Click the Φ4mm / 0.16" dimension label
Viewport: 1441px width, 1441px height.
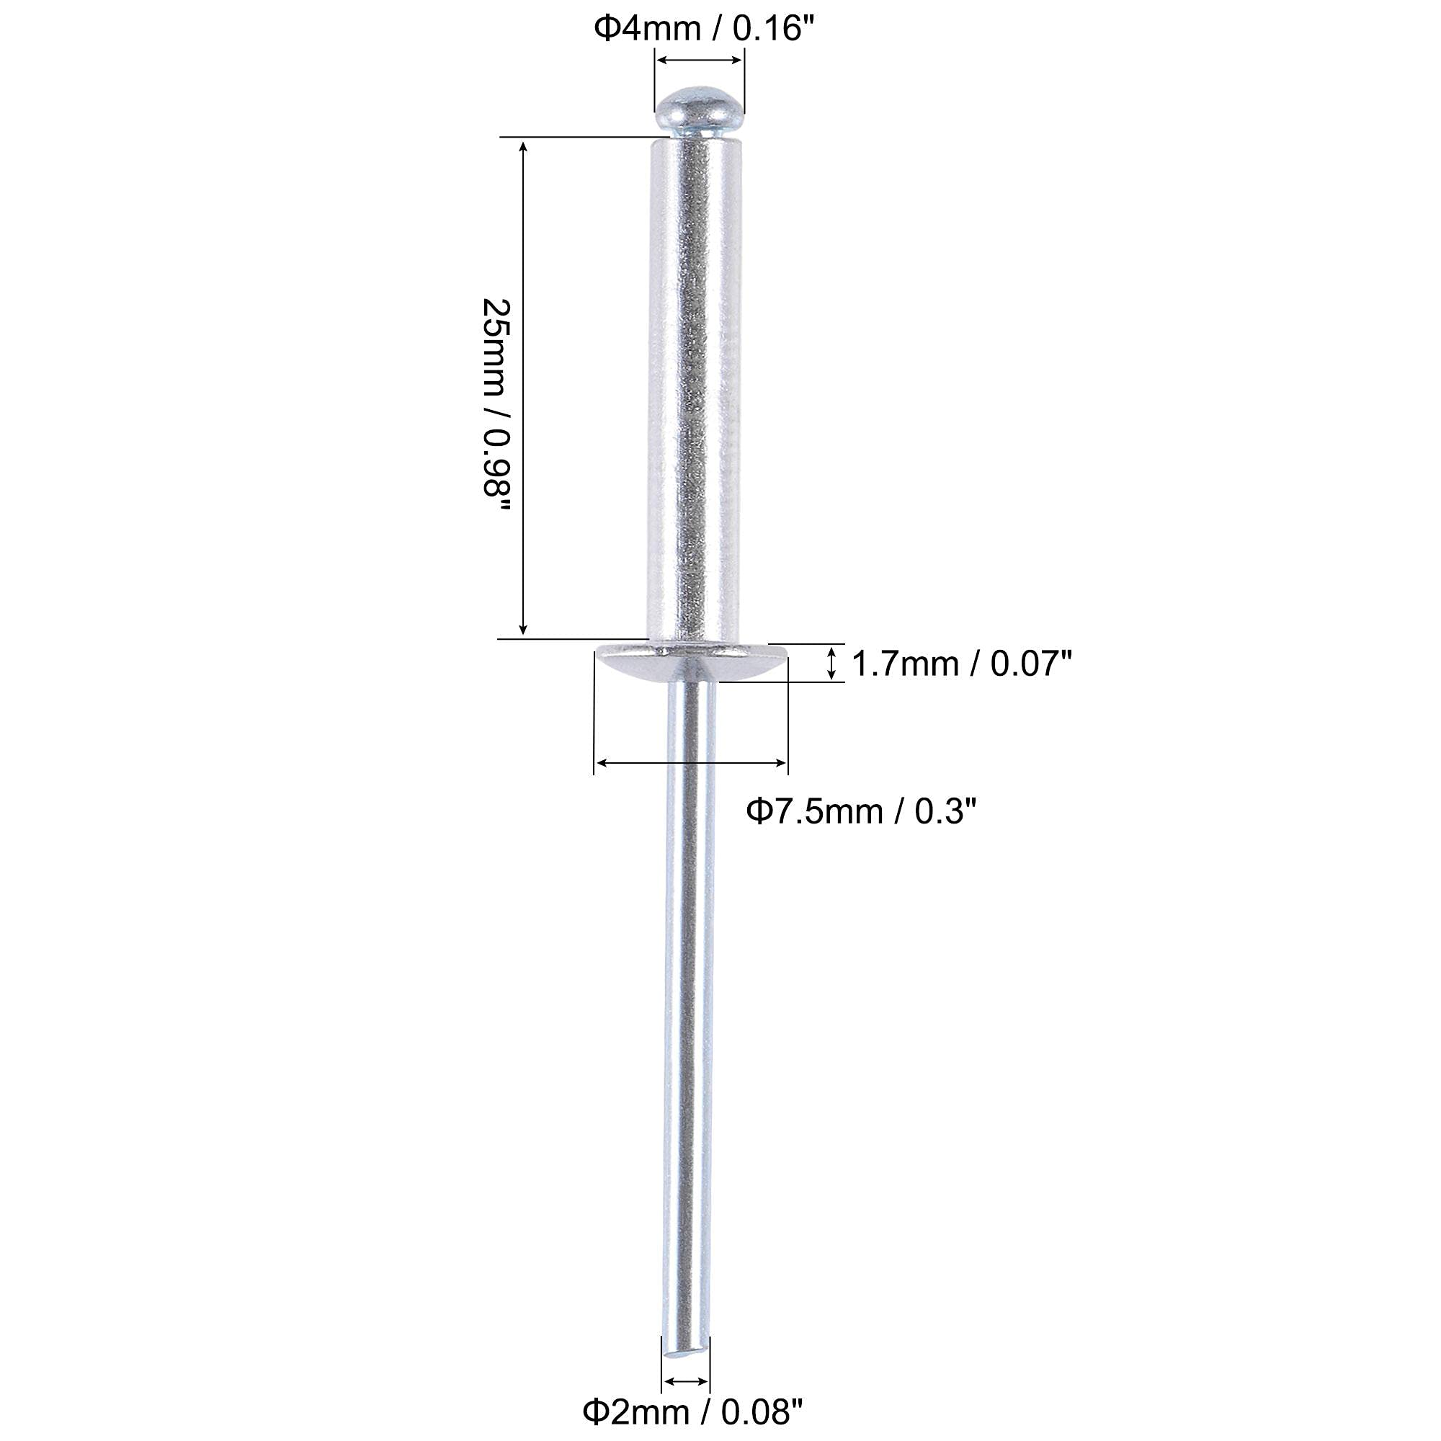(x=702, y=29)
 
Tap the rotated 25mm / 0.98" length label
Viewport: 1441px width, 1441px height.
(x=496, y=406)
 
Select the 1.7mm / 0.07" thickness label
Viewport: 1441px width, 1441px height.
(x=961, y=663)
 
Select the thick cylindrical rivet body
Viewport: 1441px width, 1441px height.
(x=696, y=388)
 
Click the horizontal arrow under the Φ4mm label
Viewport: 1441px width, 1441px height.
(x=699, y=61)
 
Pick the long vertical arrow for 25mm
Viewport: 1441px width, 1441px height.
(x=524, y=388)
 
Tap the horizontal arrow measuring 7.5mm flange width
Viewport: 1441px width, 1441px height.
(x=692, y=762)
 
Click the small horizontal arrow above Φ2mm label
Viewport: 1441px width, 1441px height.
(x=686, y=1381)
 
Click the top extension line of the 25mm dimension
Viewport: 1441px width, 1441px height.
(x=574, y=137)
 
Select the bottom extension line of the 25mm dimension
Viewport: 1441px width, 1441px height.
(x=571, y=638)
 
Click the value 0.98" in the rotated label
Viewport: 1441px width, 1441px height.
(x=496, y=478)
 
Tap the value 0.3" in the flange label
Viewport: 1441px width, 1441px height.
(x=946, y=811)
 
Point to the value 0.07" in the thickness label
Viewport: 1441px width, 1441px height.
(x=1031, y=663)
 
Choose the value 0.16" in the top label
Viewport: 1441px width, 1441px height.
(x=771, y=29)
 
